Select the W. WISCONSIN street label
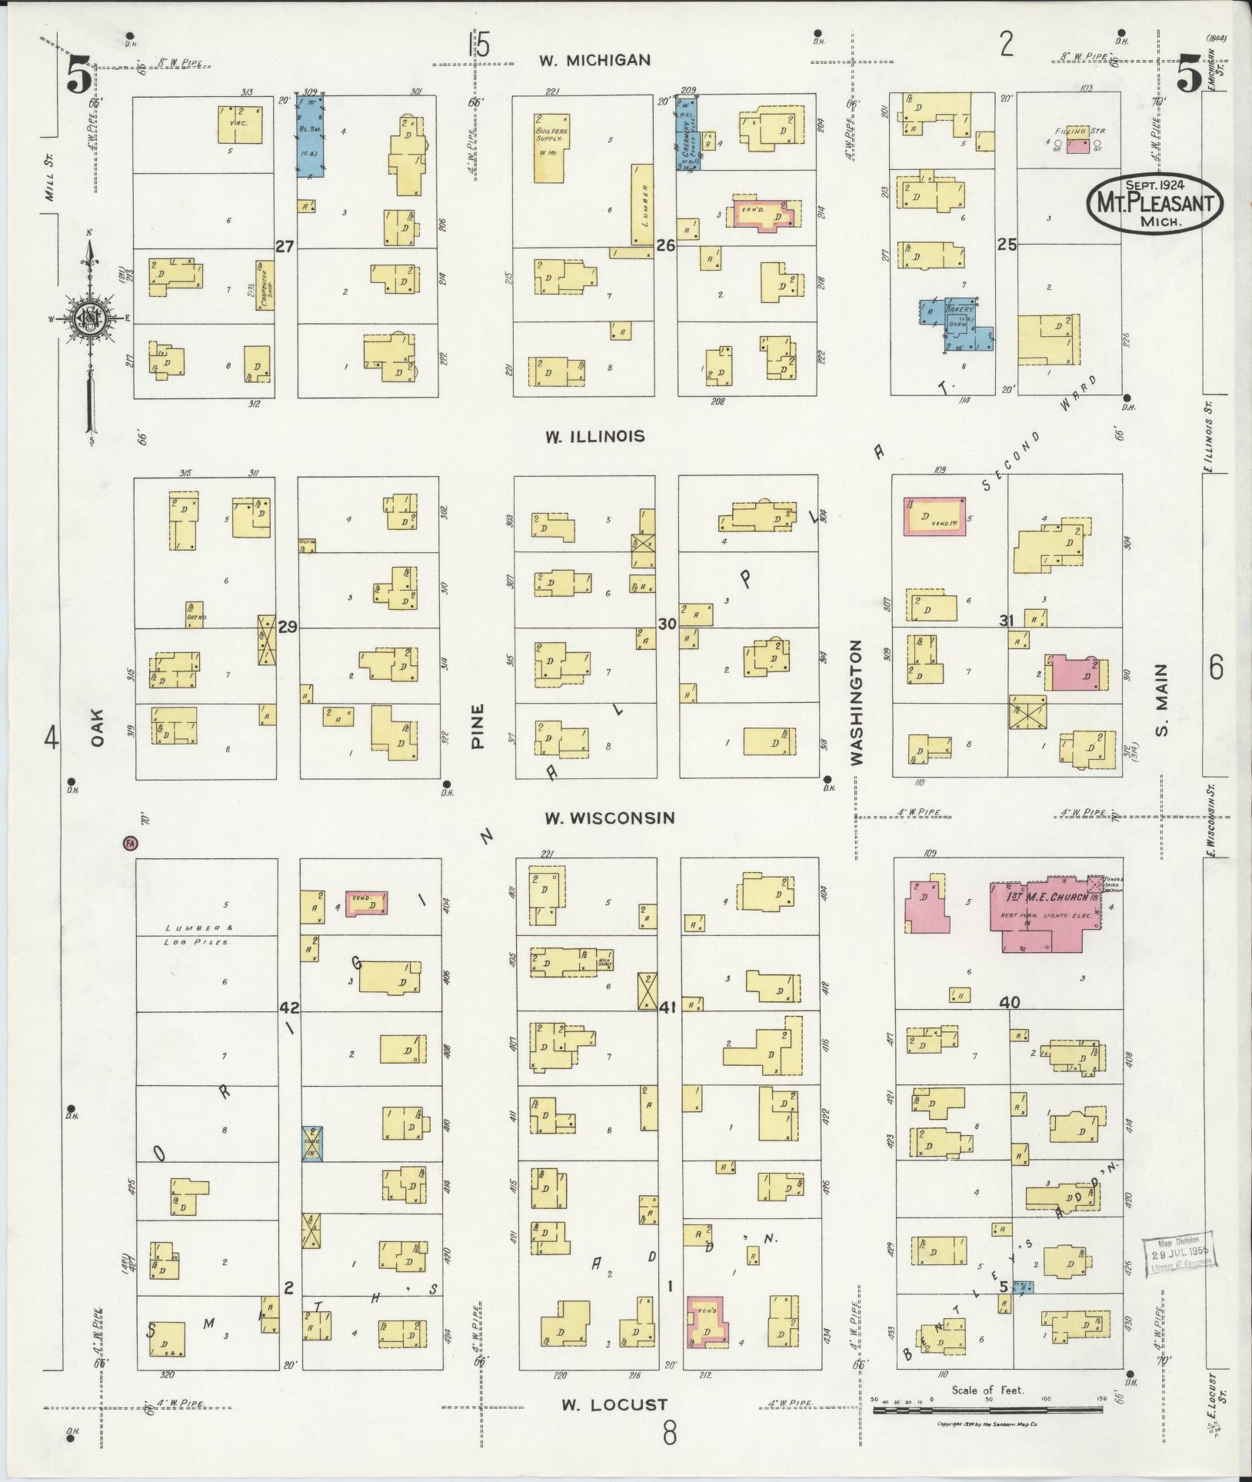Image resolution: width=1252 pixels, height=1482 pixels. point(610,818)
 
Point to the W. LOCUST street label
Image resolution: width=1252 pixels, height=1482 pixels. point(614,1404)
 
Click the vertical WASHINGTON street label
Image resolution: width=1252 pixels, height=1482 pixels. point(857,702)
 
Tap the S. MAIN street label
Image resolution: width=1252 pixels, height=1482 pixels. point(1161,699)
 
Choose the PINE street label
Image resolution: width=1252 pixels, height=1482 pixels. point(478,726)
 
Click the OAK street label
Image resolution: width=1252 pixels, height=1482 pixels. point(97,728)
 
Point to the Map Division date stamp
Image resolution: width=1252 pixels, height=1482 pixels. point(1175,1257)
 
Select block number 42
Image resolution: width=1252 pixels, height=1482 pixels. point(289,1008)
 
